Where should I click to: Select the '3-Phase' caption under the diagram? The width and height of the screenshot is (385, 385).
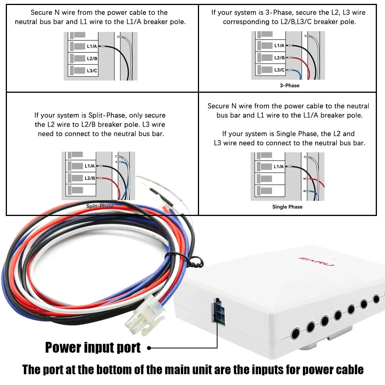tap(290, 85)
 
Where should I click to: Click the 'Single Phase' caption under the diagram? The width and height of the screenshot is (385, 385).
tap(287, 207)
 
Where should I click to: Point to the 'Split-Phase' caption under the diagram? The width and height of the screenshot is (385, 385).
tap(100, 206)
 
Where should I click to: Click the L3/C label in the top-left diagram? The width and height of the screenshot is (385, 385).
tap(92, 70)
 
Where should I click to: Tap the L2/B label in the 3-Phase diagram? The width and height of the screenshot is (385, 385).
tap(280, 58)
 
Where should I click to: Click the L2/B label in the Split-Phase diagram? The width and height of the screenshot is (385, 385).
tap(90, 178)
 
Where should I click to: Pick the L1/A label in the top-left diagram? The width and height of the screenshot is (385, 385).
tap(92, 46)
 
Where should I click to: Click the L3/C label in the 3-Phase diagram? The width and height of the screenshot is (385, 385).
tap(280, 70)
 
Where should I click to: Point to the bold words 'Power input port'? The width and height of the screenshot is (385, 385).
tap(93, 347)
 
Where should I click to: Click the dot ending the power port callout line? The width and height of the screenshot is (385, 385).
tap(149, 348)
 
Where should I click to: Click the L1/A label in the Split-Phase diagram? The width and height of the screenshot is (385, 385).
tap(90, 166)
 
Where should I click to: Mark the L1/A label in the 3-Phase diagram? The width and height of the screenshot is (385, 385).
tap(280, 45)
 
